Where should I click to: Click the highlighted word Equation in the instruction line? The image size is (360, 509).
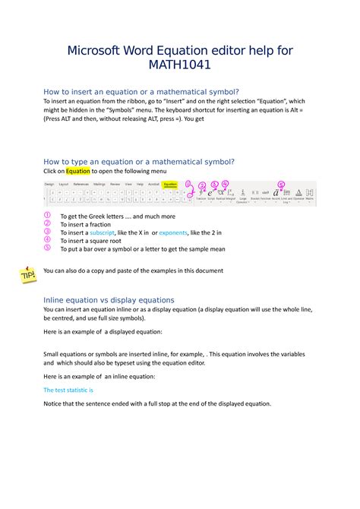[77, 171]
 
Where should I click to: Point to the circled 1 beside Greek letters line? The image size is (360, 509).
[47, 217]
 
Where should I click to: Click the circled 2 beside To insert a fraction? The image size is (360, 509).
[47, 224]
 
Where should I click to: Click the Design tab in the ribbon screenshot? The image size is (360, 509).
[49, 184]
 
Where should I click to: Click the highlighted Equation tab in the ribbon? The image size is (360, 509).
[169, 184]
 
